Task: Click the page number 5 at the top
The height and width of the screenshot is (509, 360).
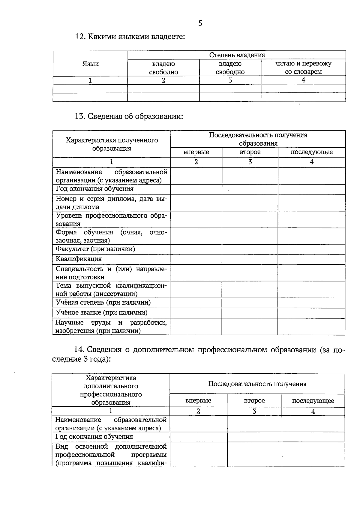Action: point(200,23)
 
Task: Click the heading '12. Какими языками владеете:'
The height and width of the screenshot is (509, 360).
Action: point(130,37)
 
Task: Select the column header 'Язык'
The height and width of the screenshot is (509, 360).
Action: point(90,64)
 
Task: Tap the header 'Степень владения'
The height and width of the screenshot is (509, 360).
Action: point(237,55)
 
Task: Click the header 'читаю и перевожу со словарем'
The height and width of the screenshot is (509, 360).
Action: point(303,68)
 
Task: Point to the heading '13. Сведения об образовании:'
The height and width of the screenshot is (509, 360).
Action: point(129,116)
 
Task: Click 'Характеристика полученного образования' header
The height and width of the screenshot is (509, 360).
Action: point(112,144)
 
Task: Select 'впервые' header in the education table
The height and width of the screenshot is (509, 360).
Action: point(196,152)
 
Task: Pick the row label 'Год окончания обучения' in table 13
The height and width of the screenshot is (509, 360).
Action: point(94,189)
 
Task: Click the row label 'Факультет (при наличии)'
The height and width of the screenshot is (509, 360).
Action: point(95,249)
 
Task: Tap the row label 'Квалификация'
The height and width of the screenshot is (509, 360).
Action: point(79,259)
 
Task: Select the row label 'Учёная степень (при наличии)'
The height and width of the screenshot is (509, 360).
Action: point(103,303)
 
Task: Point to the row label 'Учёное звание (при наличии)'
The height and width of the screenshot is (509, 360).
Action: point(101,313)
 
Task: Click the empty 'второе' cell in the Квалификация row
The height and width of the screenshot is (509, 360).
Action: point(250,259)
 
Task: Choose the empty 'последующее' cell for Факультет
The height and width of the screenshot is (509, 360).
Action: point(311,249)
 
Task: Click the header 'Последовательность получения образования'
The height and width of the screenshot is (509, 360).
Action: point(258,139)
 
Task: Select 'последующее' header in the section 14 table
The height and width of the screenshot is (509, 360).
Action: point(313,401)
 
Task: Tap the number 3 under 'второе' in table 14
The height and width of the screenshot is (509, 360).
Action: point(254,411)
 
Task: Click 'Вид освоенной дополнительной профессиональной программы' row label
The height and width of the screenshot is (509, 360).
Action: point(111,454)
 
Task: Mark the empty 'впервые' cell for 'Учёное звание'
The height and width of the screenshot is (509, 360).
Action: point(196,313)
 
